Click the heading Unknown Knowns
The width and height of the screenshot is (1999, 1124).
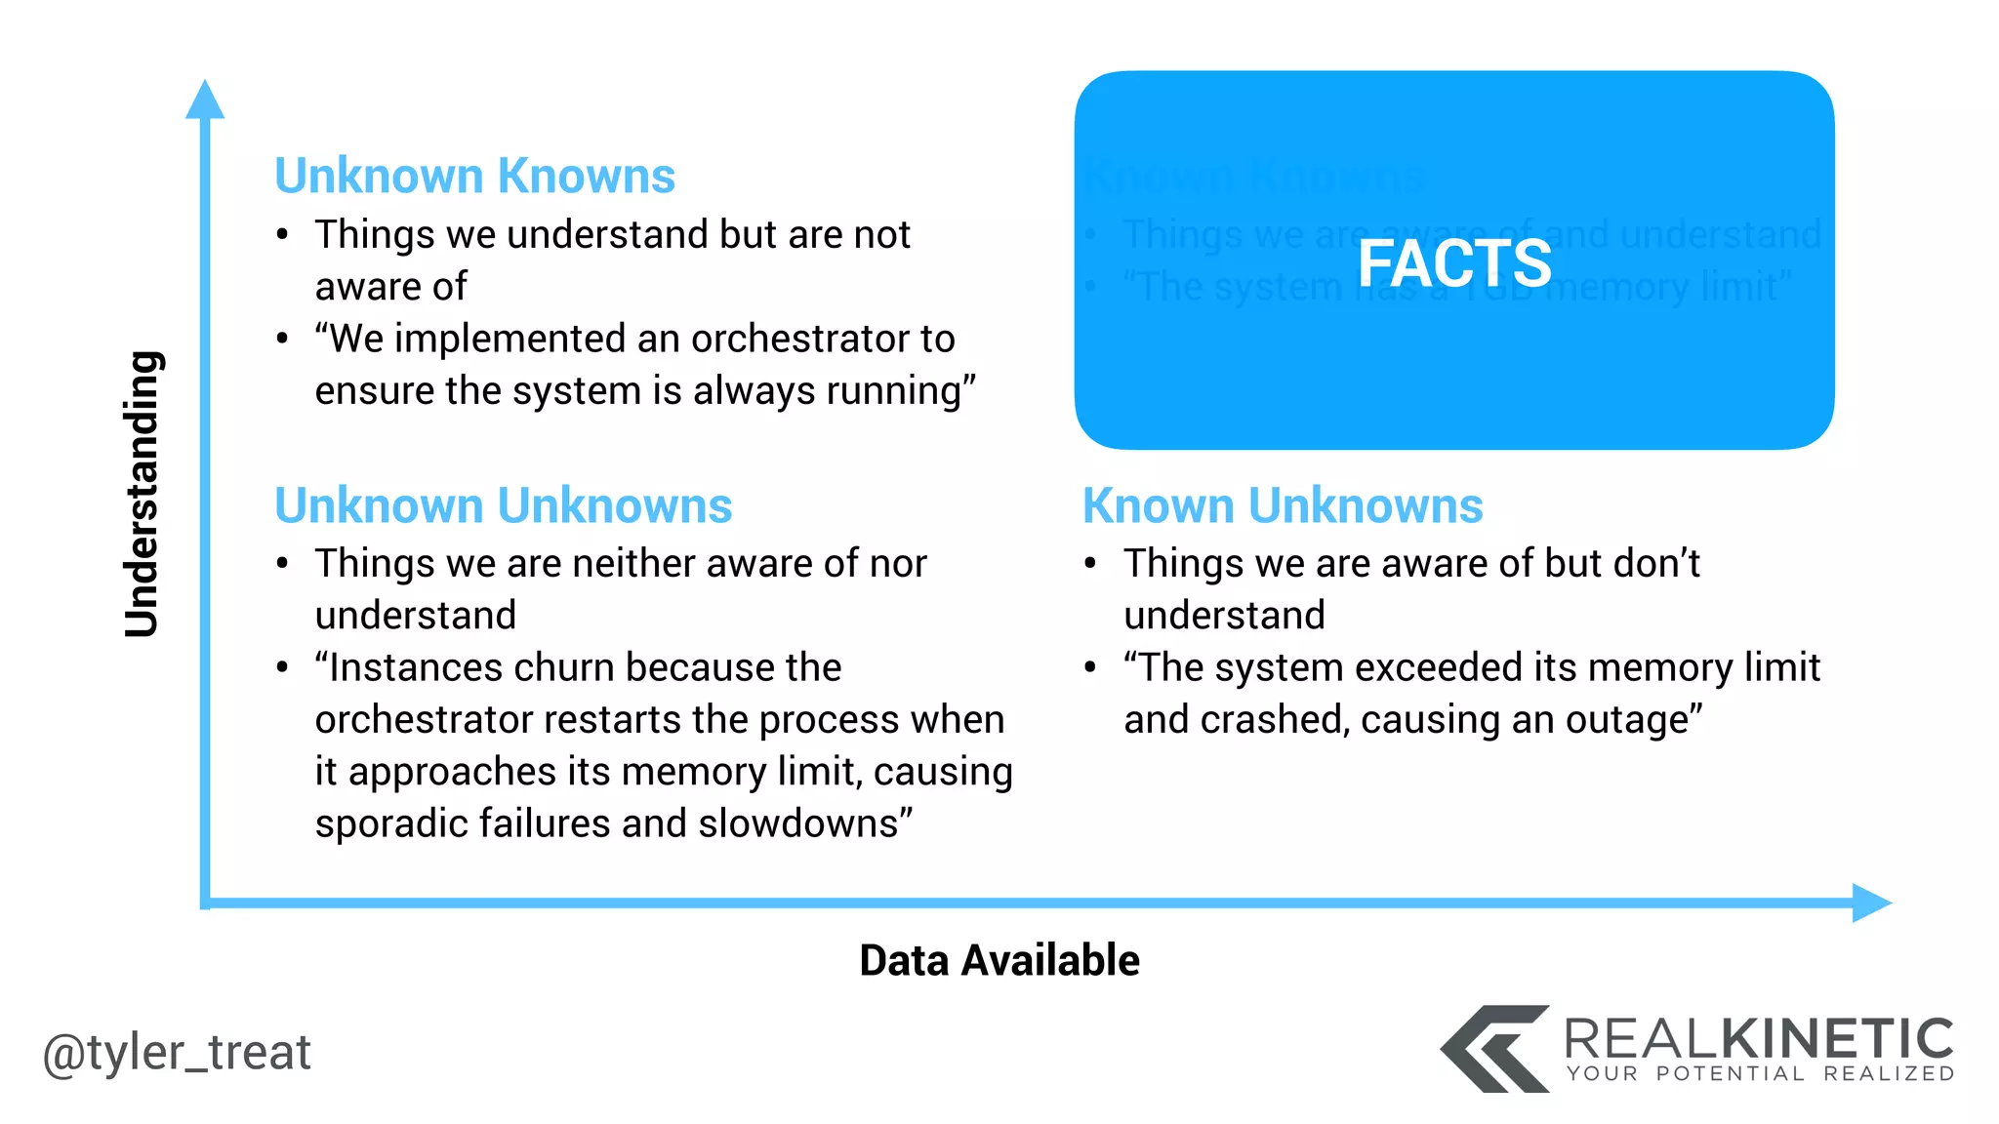(474, 177)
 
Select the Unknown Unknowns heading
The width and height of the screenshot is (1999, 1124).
(503, 506)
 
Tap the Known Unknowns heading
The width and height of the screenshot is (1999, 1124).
(1283, 506)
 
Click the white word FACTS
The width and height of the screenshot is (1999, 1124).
(1454, 263)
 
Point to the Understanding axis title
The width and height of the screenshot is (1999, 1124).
(143, 494)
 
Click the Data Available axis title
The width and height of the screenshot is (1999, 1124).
(999, 961)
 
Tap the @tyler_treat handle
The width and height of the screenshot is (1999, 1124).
(177, 1053)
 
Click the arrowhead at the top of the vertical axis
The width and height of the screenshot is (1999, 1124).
(205, 100)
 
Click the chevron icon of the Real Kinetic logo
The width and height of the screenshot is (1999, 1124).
(1493, 1049)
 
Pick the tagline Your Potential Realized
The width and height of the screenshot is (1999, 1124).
(1760, 1074)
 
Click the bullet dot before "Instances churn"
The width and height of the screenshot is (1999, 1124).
(282, 668)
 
